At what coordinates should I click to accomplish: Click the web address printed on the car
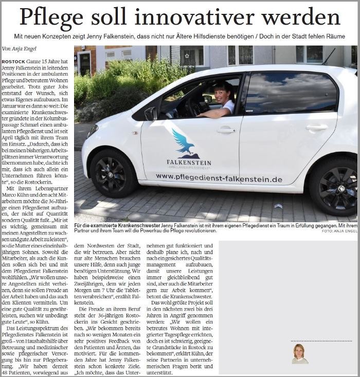pos(219,178)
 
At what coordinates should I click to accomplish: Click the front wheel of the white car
pos(114,173)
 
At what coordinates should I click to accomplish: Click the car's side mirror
pos(151,113)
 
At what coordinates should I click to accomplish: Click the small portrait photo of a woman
pos(298,353)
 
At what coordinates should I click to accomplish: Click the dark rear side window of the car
pos(291,94)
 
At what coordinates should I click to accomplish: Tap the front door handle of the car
pos(226,130)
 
